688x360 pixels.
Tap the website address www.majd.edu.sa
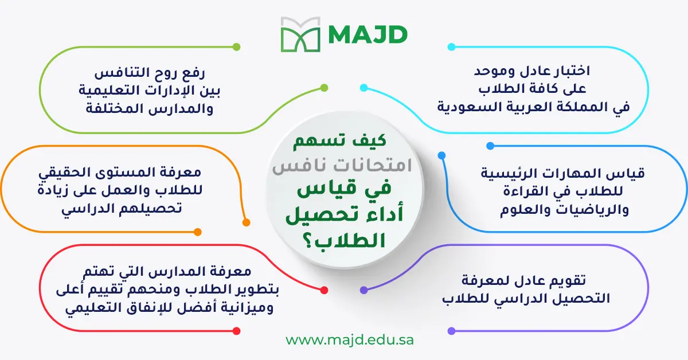(350, 339)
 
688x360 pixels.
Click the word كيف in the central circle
(372, 142)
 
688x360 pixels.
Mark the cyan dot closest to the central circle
(363, 88)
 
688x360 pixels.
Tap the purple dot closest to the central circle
(363, 291)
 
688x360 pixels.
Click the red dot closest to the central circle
(324, 291)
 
